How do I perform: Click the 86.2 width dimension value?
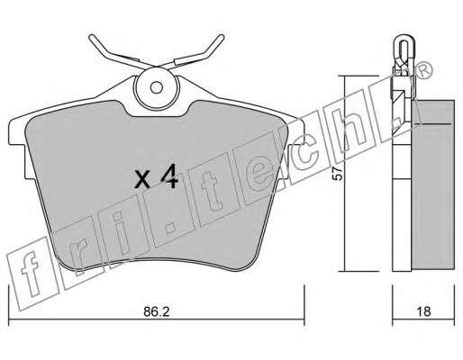point(157,312)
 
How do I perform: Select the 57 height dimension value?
point(338,174)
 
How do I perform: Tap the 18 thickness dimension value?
point(423,311)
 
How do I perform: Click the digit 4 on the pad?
point(170,177)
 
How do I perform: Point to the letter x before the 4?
point(142,179)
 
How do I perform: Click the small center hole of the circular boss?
point(157,87)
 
